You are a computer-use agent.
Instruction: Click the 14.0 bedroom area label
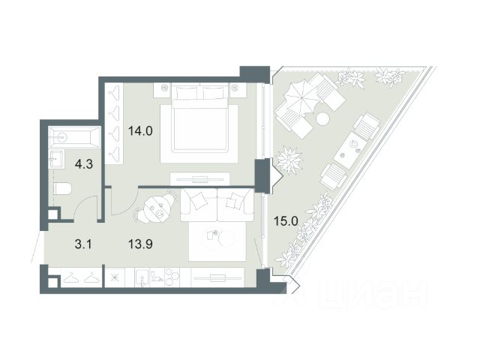pos(140,131)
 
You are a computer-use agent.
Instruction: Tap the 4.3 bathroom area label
pos(84,164)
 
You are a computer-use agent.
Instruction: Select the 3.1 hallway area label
pos(83,244)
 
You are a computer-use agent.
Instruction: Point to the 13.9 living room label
pos(140,244)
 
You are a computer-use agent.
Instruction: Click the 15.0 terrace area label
pos(286,221)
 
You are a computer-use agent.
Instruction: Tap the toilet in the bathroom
pos(62,188)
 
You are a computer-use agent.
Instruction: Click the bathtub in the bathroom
pos(74,137)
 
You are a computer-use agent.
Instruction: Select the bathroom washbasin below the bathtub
pos(57,159)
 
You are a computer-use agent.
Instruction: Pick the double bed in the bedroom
pos(200,118)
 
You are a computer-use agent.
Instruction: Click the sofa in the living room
pos(217,205)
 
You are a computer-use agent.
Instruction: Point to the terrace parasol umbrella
pos(301,97)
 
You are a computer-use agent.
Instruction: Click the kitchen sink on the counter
pos(142,278)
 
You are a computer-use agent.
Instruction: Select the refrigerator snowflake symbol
pos(115,277)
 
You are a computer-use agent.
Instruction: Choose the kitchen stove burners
pos(172,277)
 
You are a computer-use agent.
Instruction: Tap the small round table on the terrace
pos(322,118)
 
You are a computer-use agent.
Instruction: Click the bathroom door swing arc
pos(83,202)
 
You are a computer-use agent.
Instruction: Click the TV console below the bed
pos(200,178)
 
